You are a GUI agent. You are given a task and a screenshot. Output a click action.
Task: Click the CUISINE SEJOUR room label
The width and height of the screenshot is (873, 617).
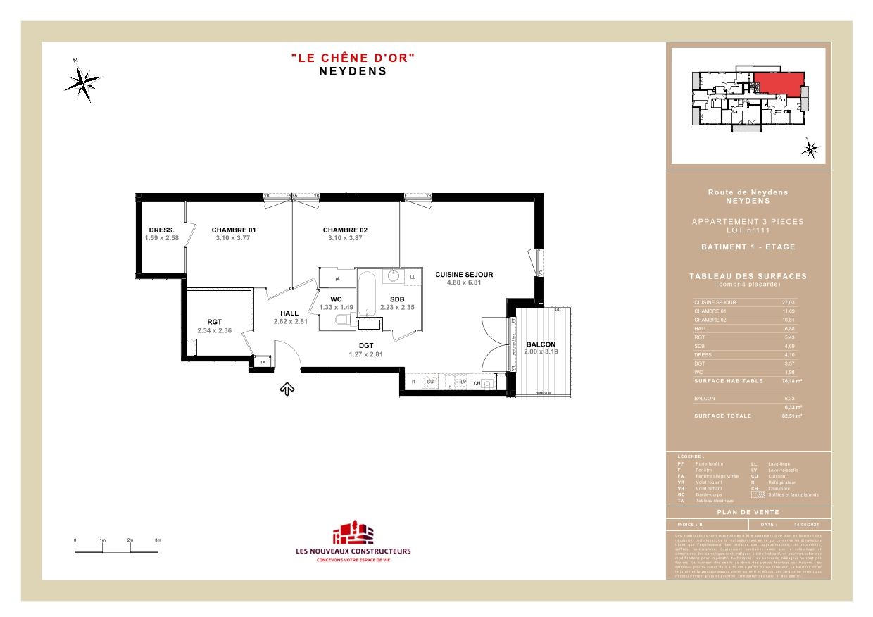click(464, 275)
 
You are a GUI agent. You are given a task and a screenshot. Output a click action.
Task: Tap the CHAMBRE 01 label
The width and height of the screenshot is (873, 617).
click(234, 230)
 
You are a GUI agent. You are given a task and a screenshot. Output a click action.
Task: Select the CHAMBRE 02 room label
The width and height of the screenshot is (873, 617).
click(345, 230)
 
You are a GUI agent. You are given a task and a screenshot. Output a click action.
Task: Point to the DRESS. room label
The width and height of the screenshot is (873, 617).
click(161, 230)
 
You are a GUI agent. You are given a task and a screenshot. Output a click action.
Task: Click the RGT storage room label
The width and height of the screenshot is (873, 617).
click(214, 322)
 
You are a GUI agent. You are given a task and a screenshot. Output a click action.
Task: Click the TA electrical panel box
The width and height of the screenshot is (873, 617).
click(263, 362)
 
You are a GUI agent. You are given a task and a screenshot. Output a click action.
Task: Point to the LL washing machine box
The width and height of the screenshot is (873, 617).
click(413, 278)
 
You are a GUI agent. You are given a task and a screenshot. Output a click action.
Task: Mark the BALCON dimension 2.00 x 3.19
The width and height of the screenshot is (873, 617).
click(541, 351)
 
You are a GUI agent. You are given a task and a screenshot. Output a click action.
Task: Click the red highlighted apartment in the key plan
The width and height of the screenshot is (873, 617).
click(779, 84)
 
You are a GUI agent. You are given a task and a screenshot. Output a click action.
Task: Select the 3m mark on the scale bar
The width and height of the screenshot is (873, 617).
click(158, 540)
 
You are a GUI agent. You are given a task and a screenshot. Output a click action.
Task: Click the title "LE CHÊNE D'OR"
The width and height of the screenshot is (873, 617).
click(353, 58)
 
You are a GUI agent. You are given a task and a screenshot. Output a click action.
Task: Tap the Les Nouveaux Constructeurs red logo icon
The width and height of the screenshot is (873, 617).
click(352, 532)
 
